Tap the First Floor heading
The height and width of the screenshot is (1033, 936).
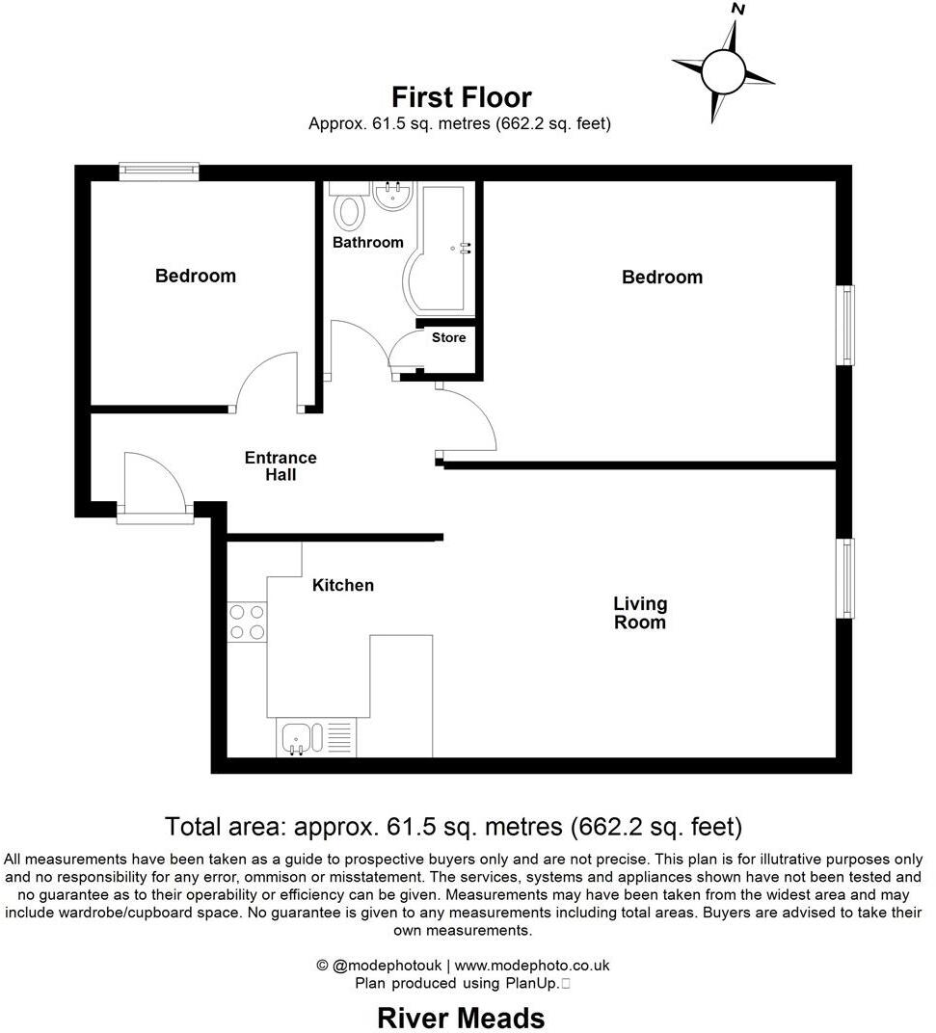[x=461, y=97]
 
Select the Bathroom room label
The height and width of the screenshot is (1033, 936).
[x=367, y=242]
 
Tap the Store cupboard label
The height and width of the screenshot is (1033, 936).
[x=448, y=337]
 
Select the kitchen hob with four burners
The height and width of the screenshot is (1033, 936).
[x=247, y=622]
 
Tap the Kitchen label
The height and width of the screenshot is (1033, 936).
[x=342, y=585]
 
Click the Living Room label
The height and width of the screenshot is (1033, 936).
[x=640, y=613]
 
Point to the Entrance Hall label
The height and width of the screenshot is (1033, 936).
[x=281, y=466]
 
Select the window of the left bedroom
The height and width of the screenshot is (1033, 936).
[x=159, y=172]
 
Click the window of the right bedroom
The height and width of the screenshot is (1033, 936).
[x=845, y=325]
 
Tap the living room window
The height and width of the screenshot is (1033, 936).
[x=845, y=578]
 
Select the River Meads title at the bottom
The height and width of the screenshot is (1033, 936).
[x=461, y=1018]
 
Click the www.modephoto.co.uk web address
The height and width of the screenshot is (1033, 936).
[x=532, y=966]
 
